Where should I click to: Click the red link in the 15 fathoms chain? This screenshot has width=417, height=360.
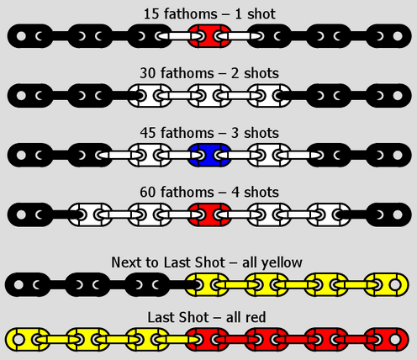[x=209, y=36]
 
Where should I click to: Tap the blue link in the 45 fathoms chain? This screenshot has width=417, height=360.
[x=209, y=155]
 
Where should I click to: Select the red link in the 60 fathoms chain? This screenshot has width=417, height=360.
[x=209, y=214]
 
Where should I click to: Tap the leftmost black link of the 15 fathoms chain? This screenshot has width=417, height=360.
[x=30, y=36]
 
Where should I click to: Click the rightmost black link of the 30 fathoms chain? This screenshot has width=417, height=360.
[x=389, y=96]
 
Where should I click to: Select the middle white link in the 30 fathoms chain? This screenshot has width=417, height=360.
[x=209, y=96]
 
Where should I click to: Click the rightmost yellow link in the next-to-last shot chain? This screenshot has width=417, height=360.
[x=387, y=285]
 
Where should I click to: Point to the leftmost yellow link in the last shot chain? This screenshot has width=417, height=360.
[x=28, y=340]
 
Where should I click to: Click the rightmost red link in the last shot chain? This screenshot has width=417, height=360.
[x=387, y=340]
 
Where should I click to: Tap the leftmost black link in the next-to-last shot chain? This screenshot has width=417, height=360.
[x=28, y=285]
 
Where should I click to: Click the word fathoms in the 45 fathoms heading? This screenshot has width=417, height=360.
[x=187, y=133]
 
